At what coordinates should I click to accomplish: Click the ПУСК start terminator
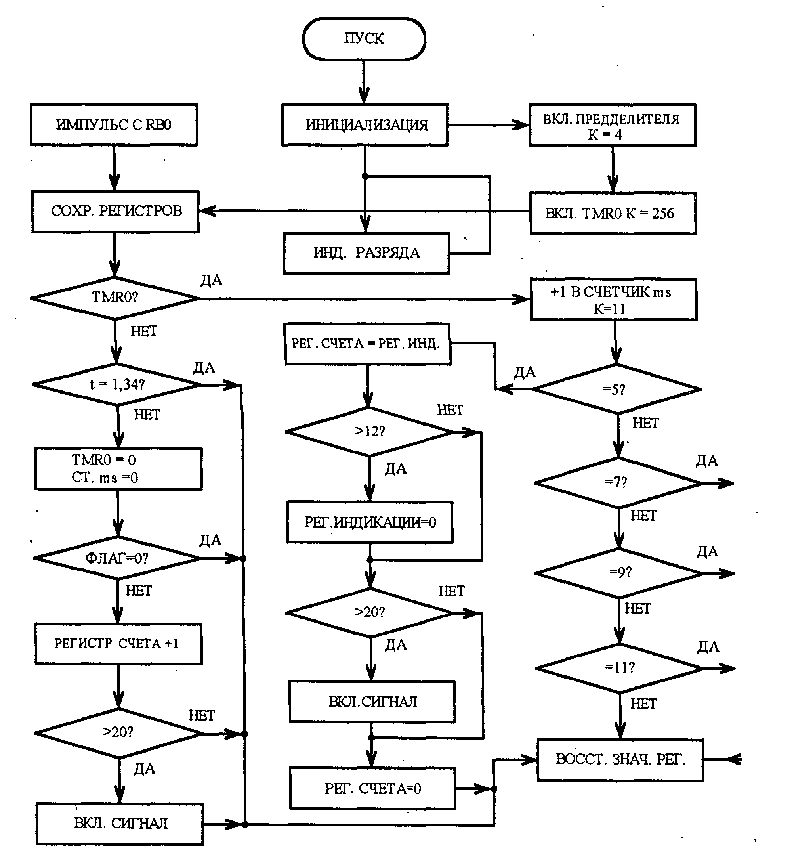click(364, 39)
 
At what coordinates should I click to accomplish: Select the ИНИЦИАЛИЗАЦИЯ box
click(365, 125)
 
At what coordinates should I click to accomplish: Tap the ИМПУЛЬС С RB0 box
click(114, 124)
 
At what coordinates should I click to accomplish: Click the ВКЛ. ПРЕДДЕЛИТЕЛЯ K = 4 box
click(612, 126)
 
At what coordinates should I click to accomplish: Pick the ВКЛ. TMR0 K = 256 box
click(613, 214)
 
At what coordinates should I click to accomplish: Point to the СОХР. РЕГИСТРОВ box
click(116, 211)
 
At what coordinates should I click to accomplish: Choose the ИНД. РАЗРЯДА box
click(366, 253)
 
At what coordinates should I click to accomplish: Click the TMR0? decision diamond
click(115, 298)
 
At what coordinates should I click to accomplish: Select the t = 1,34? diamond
click(117, 384)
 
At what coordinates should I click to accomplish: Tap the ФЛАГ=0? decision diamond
click(117, 558)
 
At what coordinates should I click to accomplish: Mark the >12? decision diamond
click(370, 432)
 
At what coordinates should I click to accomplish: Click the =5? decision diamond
click(617, 389)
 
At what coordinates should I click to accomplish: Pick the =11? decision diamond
click(620, 668)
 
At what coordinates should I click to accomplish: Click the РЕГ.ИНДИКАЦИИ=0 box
click(370, 522)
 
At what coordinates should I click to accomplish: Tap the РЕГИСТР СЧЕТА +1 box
click(118, 644)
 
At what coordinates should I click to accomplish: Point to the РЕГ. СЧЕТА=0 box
click(372, 789)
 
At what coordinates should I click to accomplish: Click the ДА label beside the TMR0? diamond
click(212, 280)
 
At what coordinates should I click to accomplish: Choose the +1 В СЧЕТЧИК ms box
click(614, 300)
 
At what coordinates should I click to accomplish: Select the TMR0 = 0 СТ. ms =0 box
click(118, 469)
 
